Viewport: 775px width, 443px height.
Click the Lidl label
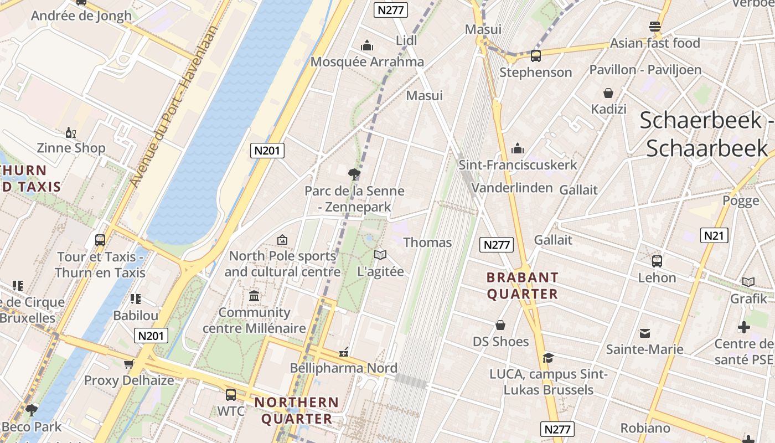pyautogui.click(x=406, y=40)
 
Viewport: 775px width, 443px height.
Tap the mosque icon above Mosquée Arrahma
pyautogui.click(x=366, y=45)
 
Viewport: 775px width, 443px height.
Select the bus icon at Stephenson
pyautogui.click(x=535, y=55)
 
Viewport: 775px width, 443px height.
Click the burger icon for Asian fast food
pyautogui.click(x=655, y=27)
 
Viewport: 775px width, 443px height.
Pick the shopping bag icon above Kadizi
pyautogui.click(x=608, y=93)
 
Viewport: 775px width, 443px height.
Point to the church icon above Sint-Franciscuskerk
pyautogui.click(x=518, y=148)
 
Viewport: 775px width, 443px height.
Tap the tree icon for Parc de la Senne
pyautogui.click(x=354, y=174)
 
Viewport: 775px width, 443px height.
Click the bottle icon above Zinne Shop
pyautogui.click(x=71, y=132)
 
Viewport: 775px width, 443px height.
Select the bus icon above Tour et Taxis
pyautogui.click(x=100, y=240)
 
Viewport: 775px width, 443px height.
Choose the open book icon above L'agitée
pyautogui.click(x=380, y=255)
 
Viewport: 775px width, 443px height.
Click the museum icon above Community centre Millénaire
pyautogui.click(x=254, y=296)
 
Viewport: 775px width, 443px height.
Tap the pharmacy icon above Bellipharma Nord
pyautogui.click(x=344, y=352)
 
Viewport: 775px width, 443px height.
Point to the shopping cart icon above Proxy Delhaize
pyautogui.click(x=129, y=364)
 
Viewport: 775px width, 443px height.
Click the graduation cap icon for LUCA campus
pyautogui.click(x=548, y=358)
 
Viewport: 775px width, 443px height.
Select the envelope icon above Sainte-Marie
pyautogui.click(x=644, y=333)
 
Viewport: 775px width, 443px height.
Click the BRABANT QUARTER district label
pyautogui.click(x=523, y=285)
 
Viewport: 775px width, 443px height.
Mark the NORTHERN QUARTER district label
pyautogui.click(x=297, y=410)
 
